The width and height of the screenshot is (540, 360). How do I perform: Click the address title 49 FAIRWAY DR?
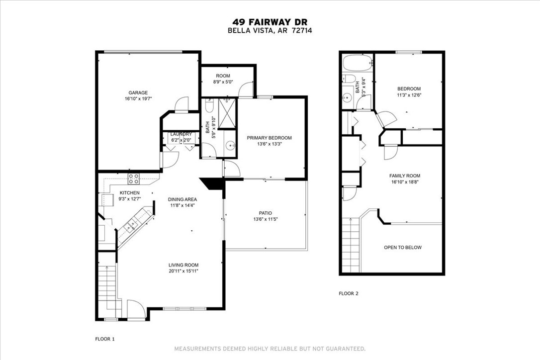pyautogui.click(x=270, y=22)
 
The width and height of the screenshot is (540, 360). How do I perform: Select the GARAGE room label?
pyautogui.click(x=138, y=92)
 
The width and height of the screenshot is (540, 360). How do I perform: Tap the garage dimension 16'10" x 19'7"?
pyautogui.click(x=138, y=99)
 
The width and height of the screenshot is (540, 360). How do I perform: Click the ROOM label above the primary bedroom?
pyautogui.click(x=222, y=76)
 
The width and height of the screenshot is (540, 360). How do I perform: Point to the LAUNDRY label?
pyautogui.click(x=181, y=134)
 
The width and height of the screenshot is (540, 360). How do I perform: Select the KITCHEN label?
pyautogui.click(x=129, y=193)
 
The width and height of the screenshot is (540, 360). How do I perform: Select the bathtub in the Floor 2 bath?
pyautogui.click(x=357, y=64)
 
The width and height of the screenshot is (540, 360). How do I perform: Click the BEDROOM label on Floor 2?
pyautogui.click(x=409, y=89)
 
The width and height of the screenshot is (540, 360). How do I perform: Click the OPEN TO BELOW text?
pyautogui.click(x=402, y=247)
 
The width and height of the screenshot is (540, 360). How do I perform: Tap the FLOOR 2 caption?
pyautogui.click(x=348, y=293)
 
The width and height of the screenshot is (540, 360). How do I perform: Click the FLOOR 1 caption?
pyautogui.click(x=104, y=339)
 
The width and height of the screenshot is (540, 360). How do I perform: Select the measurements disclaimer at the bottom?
pyautogui.click(x=270, y=348)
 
